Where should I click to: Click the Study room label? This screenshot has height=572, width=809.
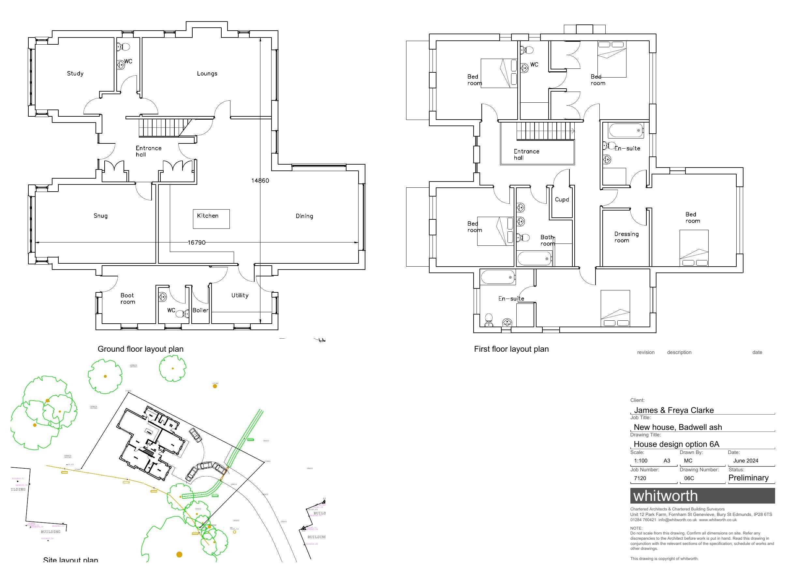75,74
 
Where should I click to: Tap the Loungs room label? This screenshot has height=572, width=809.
207,74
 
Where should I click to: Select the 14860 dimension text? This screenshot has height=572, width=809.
260,181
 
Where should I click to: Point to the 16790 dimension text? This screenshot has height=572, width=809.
196,242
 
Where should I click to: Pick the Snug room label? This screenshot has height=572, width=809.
100,216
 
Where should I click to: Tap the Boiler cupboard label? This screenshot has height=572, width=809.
200,311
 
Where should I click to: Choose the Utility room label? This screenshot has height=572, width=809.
240,295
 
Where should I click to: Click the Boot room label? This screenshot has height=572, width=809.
127,299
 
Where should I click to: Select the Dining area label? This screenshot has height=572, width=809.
304,216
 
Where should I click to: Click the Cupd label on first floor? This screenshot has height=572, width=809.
562,199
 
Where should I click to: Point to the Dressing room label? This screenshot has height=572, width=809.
626,237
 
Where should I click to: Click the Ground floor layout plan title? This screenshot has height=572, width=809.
140,349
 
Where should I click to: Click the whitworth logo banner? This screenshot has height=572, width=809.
702,496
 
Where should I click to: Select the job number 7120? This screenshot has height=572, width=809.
640,478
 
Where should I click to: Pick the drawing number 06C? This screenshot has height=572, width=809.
689,478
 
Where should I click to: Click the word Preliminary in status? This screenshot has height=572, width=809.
748,477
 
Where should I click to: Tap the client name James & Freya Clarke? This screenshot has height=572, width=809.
673,410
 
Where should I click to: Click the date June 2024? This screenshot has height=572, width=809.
745,461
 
